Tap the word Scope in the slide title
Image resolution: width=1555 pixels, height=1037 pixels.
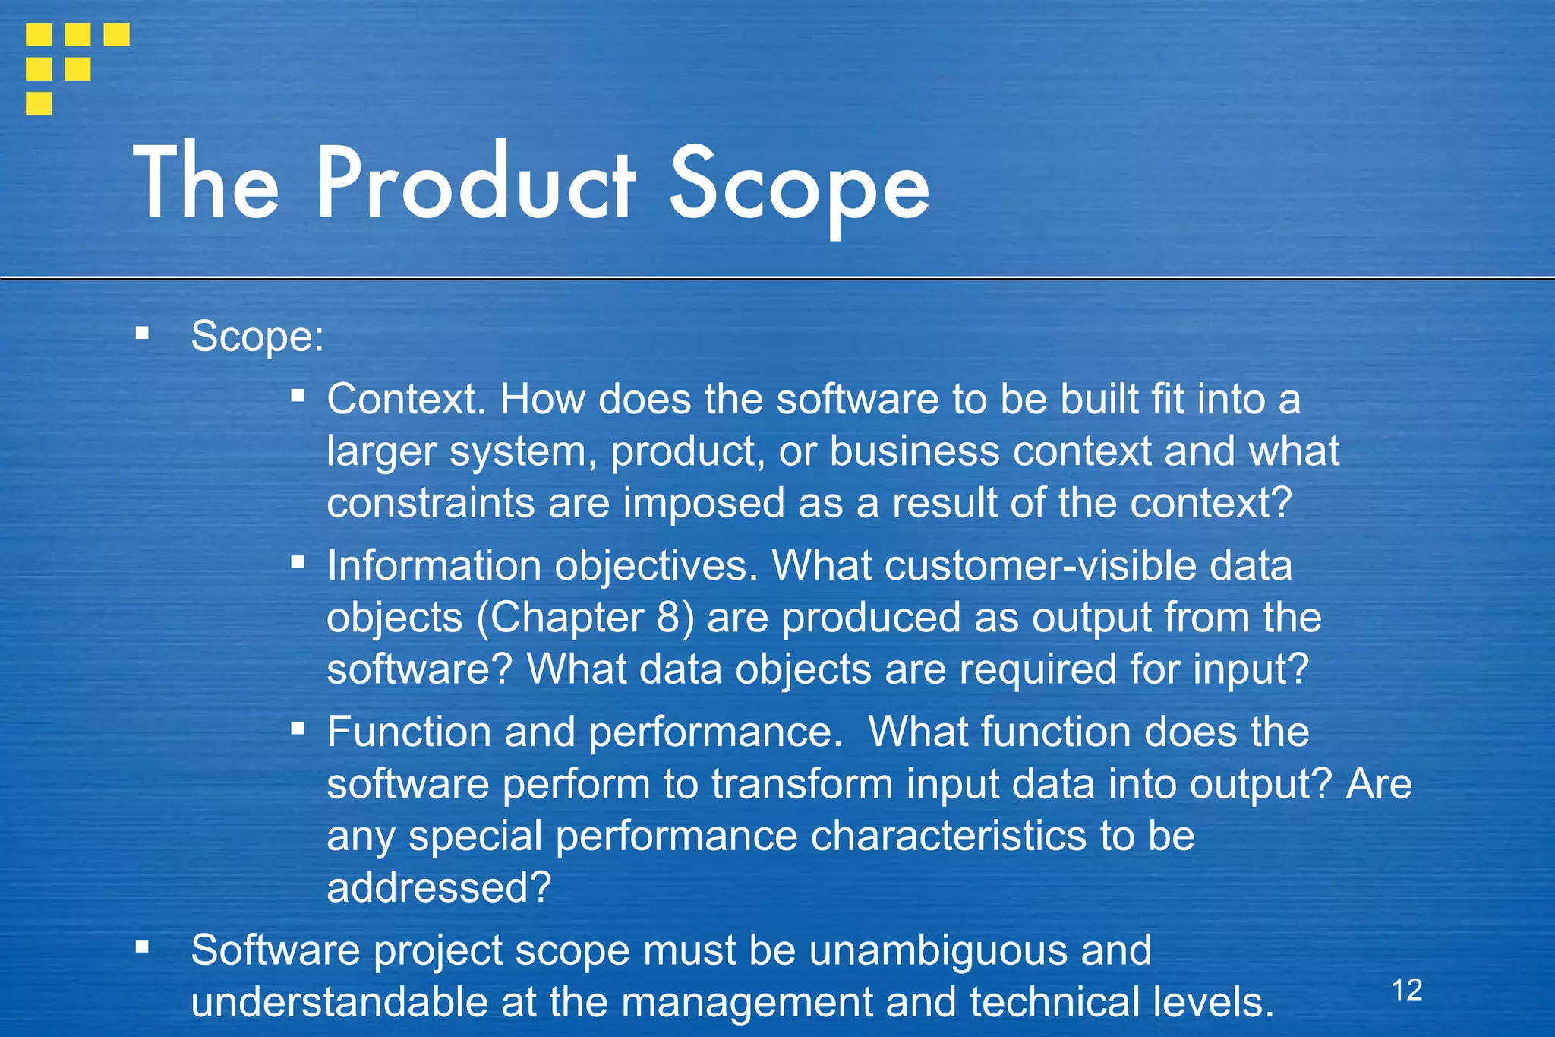point(799,187)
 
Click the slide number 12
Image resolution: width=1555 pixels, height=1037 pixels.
point(1406,990)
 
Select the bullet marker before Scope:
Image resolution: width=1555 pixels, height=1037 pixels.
point(142,333)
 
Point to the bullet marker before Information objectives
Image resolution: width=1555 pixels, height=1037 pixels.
point(298,562)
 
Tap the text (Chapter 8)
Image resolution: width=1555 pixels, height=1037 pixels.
point(585,617)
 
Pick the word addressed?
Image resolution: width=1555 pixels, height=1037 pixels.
point(438,887)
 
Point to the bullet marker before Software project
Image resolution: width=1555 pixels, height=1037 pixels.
point(142,947)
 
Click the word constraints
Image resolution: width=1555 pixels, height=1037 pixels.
point(431,503)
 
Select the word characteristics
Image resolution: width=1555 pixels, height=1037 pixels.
point(948,836)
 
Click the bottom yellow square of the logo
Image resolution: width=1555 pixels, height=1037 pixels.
point(39,103)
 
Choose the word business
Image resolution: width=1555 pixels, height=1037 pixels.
point(914,451)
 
